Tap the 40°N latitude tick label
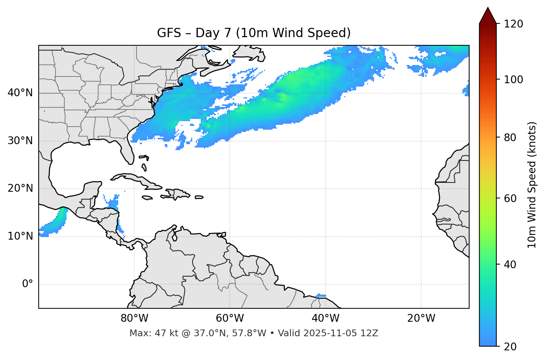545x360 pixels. [20, 93]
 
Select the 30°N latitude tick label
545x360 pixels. [20, 141]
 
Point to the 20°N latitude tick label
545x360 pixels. [20, 188]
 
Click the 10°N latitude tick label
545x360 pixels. [20, 236]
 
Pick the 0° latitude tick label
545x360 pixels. [28, 284]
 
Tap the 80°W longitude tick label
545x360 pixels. [134, 318]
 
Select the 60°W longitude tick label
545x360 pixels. [230, 318]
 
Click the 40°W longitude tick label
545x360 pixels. [325, 318]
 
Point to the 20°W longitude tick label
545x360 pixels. [421, 318]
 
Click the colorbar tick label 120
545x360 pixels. [513, 24]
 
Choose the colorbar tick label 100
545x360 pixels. [513, 80]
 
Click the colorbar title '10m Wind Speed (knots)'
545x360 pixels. [532, 185]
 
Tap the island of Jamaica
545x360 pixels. [147, 198]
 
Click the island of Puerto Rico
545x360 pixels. [199, 197]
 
